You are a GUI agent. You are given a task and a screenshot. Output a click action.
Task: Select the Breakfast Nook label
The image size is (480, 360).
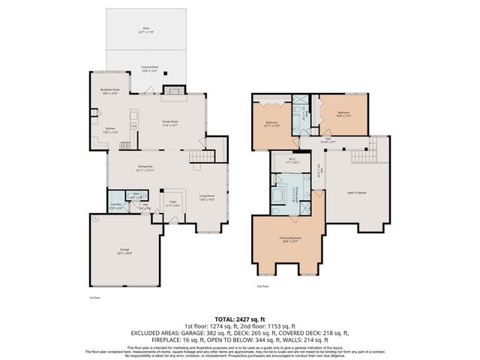coord(111,92)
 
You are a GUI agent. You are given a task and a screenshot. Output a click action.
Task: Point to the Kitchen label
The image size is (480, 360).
coord(110,129)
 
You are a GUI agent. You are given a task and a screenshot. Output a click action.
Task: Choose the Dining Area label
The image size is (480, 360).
coord(145,168)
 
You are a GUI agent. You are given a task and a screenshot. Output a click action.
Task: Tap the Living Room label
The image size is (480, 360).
coord(207,199)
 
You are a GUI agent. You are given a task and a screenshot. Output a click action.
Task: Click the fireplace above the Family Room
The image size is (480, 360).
coord(173,91)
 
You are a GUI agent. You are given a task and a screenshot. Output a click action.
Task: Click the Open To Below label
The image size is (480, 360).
coord(356,192)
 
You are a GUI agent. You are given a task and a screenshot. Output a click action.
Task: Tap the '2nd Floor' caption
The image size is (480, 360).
coord(262,286)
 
